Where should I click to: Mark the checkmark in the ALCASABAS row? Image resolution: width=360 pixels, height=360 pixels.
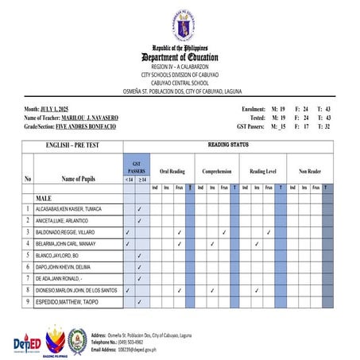pyautogui.click(x=139, y=209)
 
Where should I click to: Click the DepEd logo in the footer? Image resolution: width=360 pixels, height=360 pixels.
pyautogui.click(x=28, y=343)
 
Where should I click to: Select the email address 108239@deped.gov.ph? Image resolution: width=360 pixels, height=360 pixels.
pyautogui.click(x=124, y=350)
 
